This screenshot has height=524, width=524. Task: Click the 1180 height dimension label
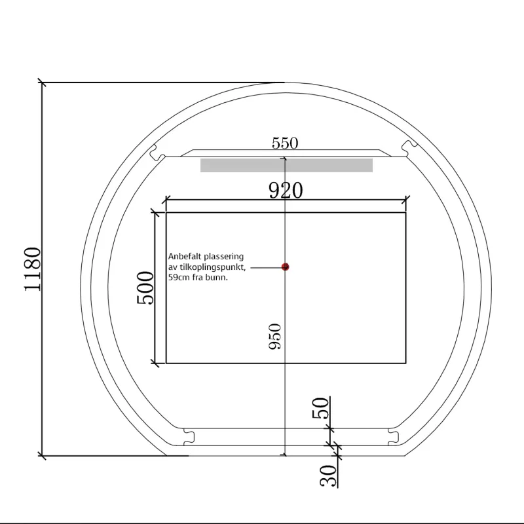click(x=33, y=269)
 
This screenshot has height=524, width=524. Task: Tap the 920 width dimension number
click(x=286, y=190)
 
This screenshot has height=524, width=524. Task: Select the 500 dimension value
click(x=145, y=288)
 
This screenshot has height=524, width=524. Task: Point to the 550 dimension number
click(x=285, y=143)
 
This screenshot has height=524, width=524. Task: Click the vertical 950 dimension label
click(x=275, y=336)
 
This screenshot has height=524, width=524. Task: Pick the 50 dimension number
click(x=320, y=408)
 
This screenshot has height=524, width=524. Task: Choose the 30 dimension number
click(x=328, y=476)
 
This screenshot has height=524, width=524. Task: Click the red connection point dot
click(x=285, y=267)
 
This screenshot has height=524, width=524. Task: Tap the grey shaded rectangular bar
click(x=286, y=166)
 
